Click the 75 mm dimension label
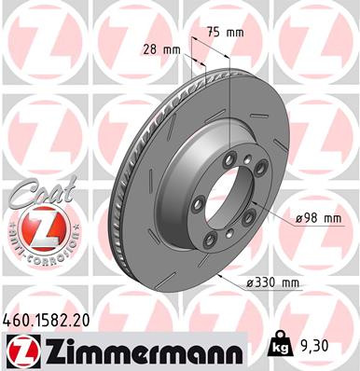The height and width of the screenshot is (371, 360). (x=228, y=34)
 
